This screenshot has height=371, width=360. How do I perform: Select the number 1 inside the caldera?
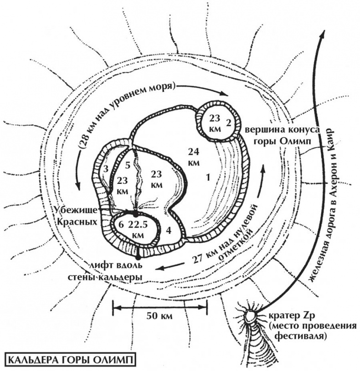point(208,178)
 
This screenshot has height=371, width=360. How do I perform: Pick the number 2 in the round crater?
point(229,122)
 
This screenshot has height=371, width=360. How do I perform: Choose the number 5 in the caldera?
point(128,165)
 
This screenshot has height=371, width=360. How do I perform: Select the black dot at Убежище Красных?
point(135,213)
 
